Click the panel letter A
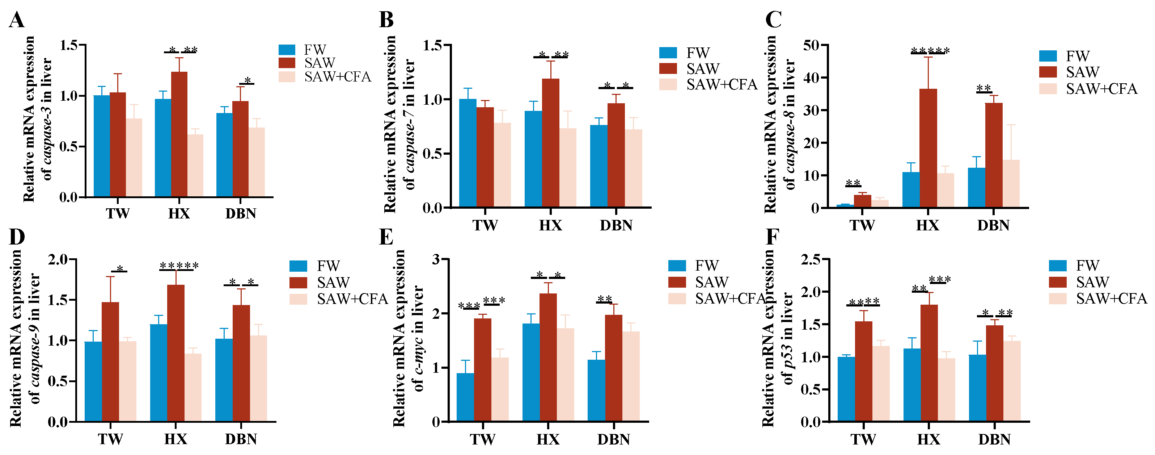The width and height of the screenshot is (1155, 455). tap(17, 20)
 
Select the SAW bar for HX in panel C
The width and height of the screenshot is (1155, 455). tap(928, 148)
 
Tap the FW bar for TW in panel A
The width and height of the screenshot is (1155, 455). tap(102, 146)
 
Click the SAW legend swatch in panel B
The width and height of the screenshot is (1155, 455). tap(668, 69)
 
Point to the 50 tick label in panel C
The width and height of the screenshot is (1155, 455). tap(812, 45)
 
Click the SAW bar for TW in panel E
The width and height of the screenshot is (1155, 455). tap(482, 370)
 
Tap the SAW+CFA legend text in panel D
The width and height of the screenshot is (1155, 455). tap(352, 299)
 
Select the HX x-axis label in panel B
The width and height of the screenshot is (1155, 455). tap(551, 225)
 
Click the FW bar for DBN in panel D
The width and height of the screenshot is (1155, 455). tap(224, 380)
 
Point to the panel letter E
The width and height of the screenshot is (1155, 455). tap(386, 237)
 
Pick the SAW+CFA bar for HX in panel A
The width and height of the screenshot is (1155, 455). tap(195, 166)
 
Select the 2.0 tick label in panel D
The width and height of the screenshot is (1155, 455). tap(58, 259)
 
